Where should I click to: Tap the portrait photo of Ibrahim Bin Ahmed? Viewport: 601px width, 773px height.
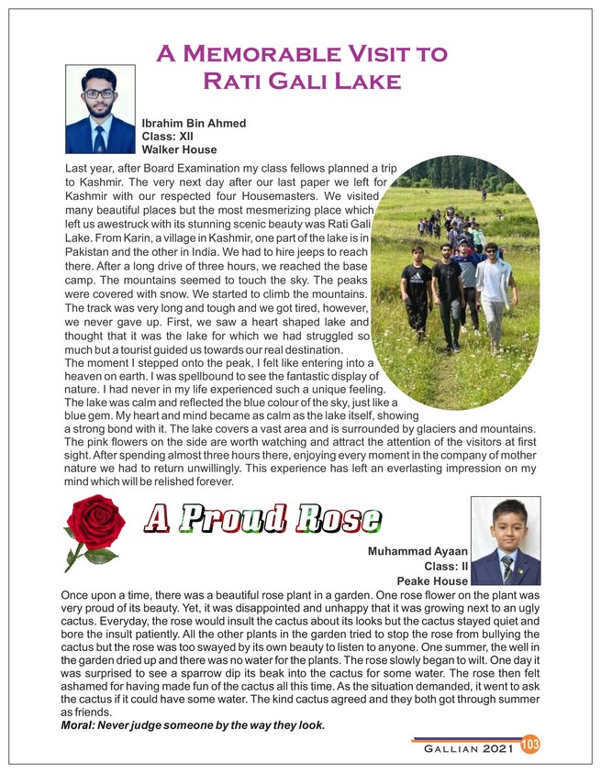tap(101, 109)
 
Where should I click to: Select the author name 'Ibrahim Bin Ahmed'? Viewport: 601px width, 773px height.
tap(194, 122)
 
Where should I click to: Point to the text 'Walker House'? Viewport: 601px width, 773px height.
tap(179, 149)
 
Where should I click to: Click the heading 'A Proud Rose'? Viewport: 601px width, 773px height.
tap(263, 518)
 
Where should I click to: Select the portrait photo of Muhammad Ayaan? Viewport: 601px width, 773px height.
tap(505, 541)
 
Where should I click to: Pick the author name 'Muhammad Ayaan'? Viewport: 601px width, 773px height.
tap(417, 552)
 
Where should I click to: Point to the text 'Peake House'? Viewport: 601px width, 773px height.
tap(432, 581)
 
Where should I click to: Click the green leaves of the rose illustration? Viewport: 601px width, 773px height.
tap(99, 556)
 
